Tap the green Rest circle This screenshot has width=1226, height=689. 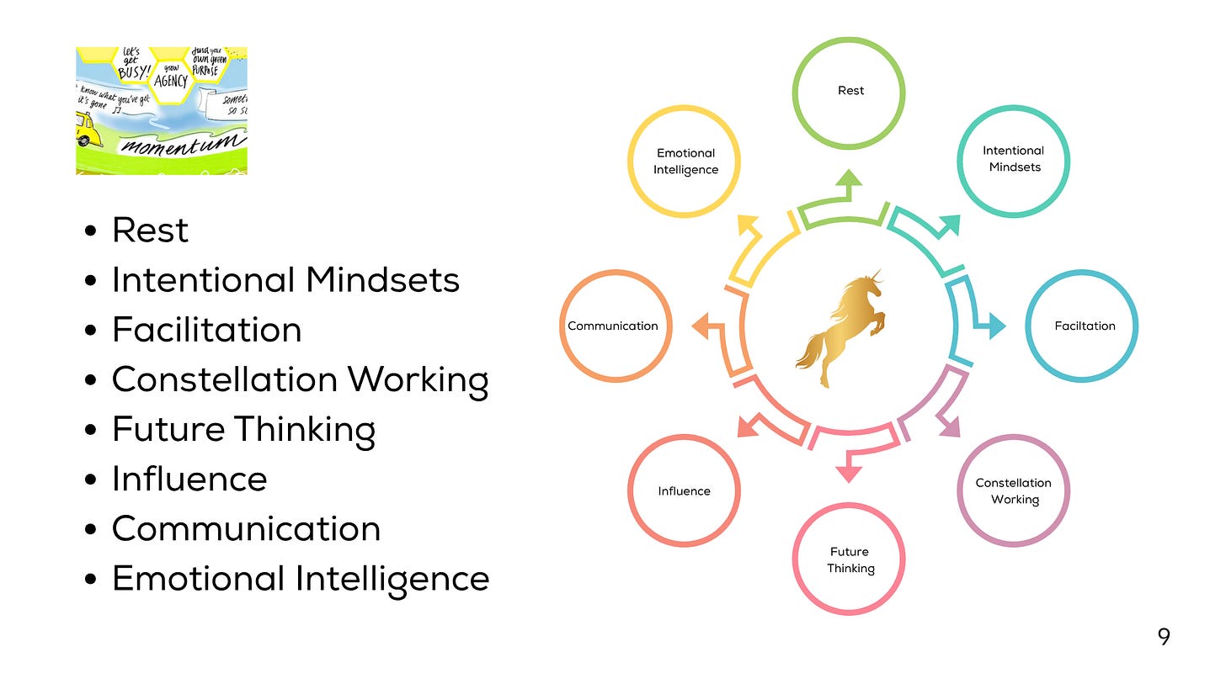pos(850,91)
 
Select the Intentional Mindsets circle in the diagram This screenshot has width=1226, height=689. pos(1013,159)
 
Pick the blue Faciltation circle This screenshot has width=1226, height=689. pos(1083,326)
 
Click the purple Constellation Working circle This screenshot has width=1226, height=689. pos(1013,491)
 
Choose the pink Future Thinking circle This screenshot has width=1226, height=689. pos(849,559)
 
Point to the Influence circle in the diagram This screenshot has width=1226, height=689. pos(684,491)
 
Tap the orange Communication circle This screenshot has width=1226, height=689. pos(615,326)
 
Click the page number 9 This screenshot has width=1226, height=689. pos(1164,637)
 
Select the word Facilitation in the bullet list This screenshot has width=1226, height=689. pos(206,330)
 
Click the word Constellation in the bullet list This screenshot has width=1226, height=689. pos(225,379)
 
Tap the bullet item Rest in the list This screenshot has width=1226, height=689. pos(150,231)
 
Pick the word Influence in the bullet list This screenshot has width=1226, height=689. pos(189,479)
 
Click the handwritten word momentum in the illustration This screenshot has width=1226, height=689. pos(176,144)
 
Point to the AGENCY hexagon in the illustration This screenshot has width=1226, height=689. pos(170,82)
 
